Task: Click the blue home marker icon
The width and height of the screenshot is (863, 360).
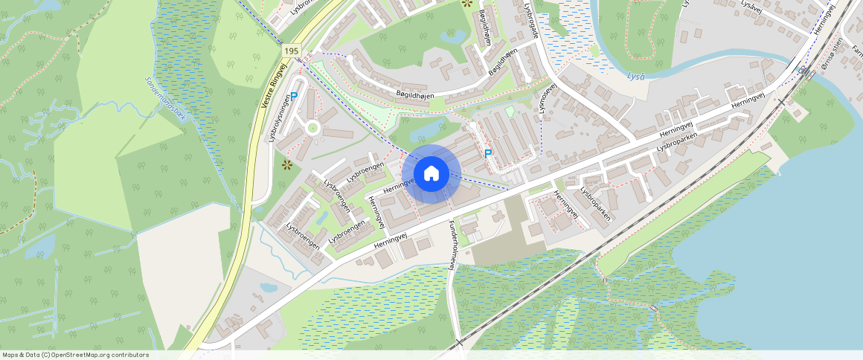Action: pos(431,174)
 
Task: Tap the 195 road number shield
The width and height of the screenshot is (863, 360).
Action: pos(291,51)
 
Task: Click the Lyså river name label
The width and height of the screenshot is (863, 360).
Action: pos(635,76)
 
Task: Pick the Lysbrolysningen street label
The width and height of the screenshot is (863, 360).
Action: pos(279,120)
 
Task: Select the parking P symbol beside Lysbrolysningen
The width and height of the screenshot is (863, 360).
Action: pos(294,97)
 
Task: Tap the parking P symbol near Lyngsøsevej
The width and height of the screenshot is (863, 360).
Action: pos(488,154)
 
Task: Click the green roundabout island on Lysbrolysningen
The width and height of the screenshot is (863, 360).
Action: pos(313,128)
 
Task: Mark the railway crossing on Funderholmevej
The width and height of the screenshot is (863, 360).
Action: pos(458,342)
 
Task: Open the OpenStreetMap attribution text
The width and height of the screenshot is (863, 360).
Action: pos(74,355)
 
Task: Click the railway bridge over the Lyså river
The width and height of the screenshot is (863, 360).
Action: pos(803,70)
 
